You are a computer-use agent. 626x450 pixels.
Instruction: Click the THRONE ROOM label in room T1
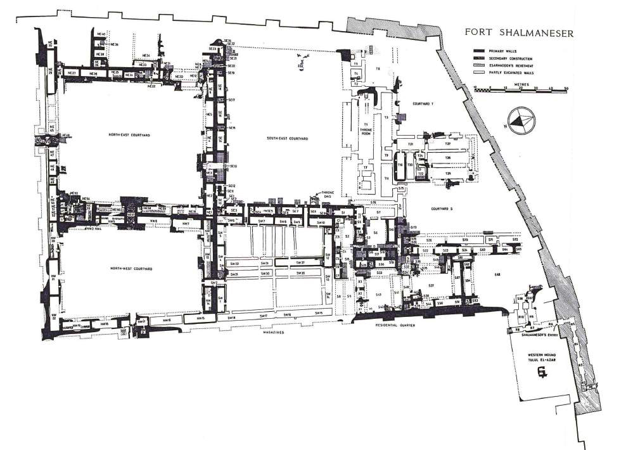click(x=366, y=127)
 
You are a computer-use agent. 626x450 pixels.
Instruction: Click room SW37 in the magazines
click(x=300, y=262)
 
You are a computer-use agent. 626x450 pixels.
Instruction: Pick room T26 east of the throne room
click(x=447, y=157)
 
